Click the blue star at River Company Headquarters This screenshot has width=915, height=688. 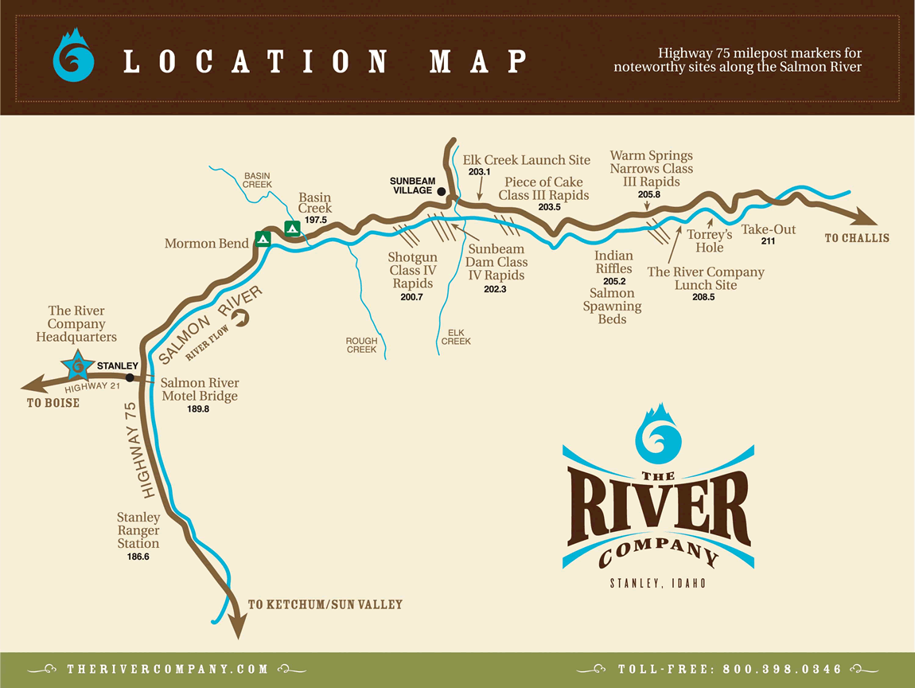[x=77, y=366]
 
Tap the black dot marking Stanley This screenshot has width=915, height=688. [x=129, y=377]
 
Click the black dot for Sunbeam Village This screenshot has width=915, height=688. [x=441, y=191]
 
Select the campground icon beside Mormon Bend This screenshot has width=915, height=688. [x=263, y=238]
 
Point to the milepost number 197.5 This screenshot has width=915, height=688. [x=316, y=220]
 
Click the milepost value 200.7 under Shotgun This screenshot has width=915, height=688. [x=412, y=297]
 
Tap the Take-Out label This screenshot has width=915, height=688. [x=769, y=229]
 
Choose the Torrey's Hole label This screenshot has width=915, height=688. [x=710, y=240]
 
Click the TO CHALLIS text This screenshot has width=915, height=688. [x=857, y=238]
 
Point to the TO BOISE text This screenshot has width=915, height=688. [x=53, y=403]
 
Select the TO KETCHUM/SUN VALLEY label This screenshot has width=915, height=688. [x=325, y=605]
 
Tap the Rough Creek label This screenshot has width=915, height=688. [x=361, y=345]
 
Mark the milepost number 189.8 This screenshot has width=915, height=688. [x=199, y=409]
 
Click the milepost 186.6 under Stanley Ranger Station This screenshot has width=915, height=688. [x=138, y=557]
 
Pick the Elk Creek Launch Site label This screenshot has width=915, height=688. [x=527, y=160]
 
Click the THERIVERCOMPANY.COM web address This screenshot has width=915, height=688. [x=168, y=669]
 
